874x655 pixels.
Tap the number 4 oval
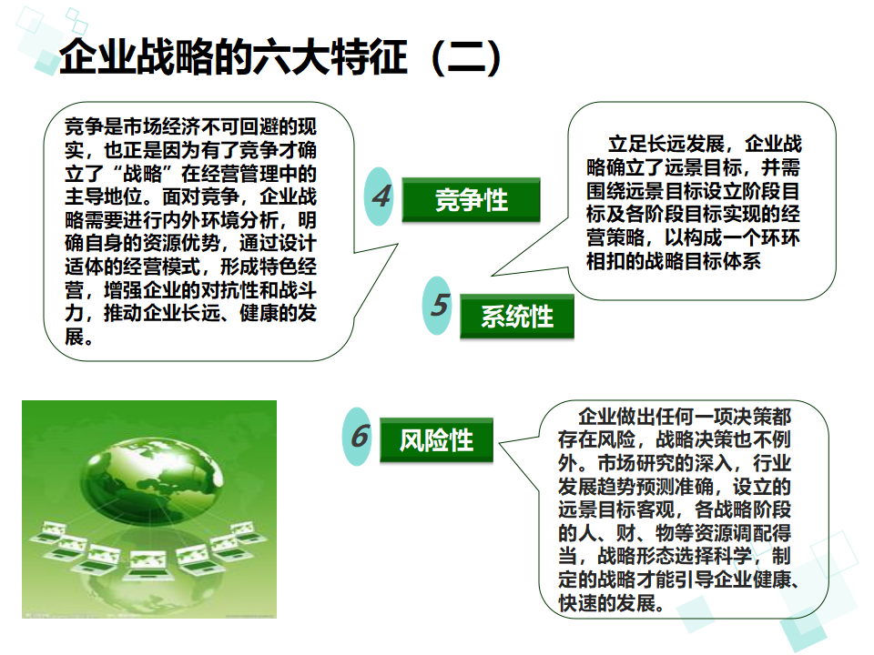(x=381, y=196)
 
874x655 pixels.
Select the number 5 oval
(x=439, y=306)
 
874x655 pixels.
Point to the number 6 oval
(x=360, y=437)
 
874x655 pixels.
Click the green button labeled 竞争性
(x=471, y=200)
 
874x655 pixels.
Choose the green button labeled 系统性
(x=517, y=317)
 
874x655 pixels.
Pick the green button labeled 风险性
(x=436, y=441)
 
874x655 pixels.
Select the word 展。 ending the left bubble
(x=78, y=338)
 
